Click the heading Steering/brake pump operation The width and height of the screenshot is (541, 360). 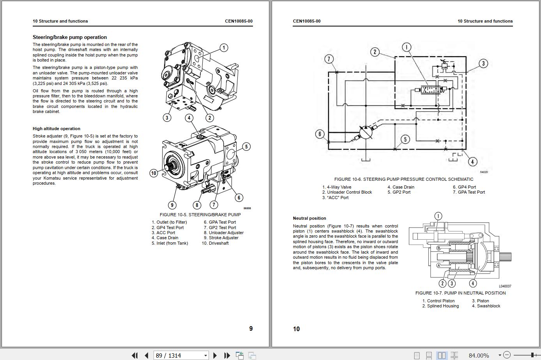point(69,37)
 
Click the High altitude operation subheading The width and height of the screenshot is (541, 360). point(57,129)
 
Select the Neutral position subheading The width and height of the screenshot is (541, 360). point(309,218)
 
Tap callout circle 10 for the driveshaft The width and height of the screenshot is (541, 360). point(154,173)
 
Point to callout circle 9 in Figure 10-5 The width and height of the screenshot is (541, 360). point(172,205)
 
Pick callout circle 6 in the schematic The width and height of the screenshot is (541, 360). point(320,134)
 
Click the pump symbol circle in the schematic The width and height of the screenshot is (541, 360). point(366,132)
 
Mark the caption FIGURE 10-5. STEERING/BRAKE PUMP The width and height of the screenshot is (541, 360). point(200,215)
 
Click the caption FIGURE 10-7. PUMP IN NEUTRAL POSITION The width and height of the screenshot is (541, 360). point(460,293)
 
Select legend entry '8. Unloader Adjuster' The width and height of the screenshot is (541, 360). point(223,233)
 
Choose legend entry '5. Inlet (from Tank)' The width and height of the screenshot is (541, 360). point(170,243)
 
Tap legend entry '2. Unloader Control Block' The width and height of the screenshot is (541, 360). point(347,192)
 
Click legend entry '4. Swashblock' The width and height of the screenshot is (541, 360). point(486,306)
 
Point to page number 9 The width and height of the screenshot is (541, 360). point(251,328)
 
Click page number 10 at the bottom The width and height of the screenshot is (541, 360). point(296,329)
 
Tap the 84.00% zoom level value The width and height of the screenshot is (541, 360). point(479,355)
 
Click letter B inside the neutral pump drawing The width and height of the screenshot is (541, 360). point(438,248)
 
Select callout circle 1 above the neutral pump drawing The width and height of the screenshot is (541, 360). point(438,216)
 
